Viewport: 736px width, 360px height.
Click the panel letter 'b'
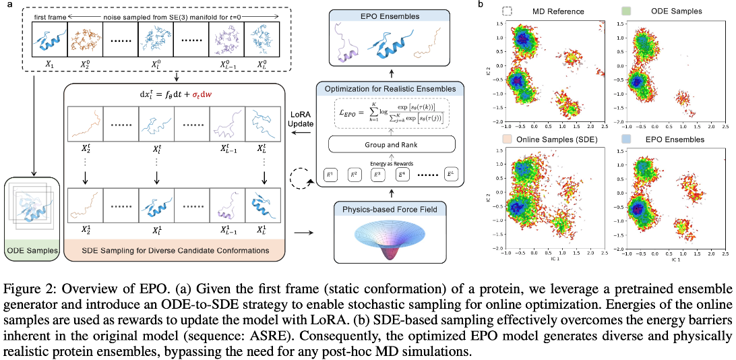pyautogui.click(x=480, y=5)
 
